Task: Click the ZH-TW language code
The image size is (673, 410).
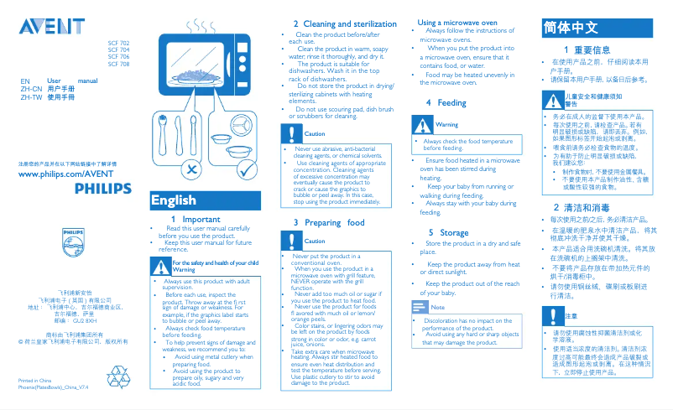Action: pos(31,97)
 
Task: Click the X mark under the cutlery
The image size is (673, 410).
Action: pos(192,172)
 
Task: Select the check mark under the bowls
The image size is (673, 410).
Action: pos(246,172)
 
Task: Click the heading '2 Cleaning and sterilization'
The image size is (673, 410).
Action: pos(344,23)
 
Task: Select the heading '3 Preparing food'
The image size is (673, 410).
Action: pos(328,222)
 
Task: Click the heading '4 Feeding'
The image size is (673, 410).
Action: pos(446,102)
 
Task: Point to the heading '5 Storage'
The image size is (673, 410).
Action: pos(448,232)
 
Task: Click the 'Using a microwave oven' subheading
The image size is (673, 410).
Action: pos(457,22)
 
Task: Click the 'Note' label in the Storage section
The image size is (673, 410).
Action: pos(437,309)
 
